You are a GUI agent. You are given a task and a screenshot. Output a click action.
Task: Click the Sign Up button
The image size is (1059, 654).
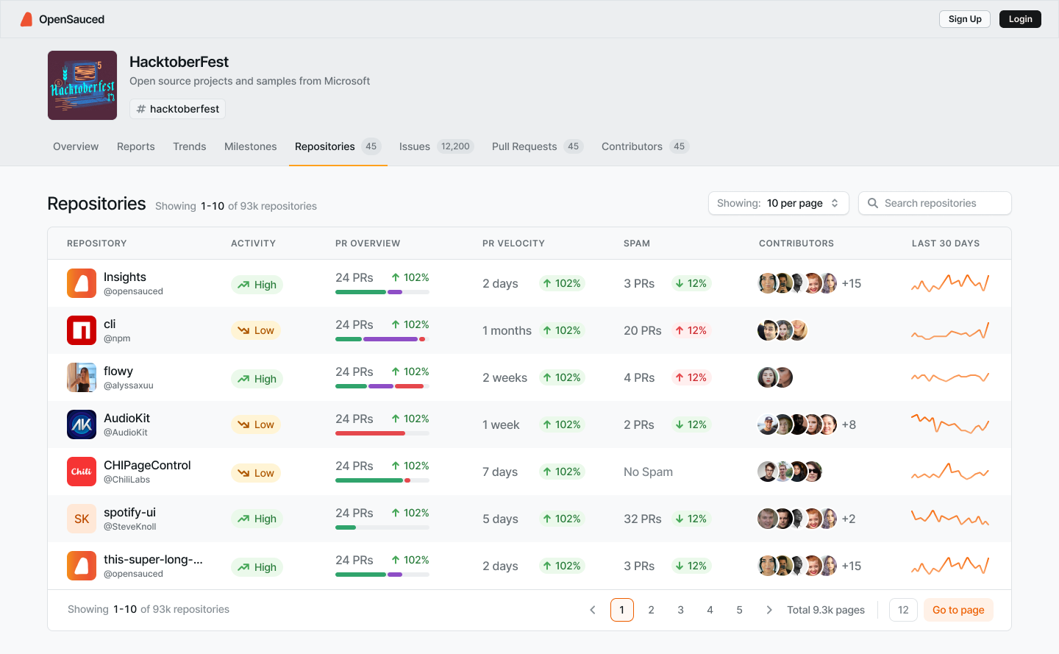coord(964,19)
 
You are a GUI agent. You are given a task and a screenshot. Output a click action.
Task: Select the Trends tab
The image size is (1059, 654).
coord(189,146)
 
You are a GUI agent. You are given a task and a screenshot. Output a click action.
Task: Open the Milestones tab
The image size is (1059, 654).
coord(250,146)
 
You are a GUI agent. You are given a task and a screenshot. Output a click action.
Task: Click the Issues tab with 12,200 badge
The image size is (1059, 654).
coord(435,146)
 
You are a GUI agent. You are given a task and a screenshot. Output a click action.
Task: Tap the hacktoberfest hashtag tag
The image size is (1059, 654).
coord(177,109)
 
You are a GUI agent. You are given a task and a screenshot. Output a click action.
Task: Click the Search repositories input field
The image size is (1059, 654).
coord(935,203)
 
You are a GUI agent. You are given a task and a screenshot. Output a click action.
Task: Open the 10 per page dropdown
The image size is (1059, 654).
coord(778,203)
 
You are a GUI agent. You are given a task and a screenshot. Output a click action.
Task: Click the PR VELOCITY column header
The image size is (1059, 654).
coord(513,244)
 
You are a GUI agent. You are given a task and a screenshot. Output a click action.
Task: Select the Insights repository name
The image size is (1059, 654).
coord(125,277)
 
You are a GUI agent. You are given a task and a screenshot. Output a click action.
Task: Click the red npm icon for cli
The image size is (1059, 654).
coord(82,330)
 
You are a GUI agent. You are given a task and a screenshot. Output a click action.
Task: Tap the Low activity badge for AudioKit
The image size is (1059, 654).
coord(256,424)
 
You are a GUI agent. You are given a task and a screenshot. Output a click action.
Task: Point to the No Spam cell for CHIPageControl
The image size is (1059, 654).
coord(648,472)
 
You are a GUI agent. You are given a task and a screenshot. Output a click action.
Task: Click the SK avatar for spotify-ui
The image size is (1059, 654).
coord(82,519)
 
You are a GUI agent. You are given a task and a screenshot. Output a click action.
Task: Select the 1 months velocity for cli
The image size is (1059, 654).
coord(507,330)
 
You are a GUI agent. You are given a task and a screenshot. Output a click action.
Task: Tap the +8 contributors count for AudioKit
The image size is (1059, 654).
coord(849,424)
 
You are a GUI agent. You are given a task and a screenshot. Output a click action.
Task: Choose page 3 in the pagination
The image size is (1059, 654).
coord(680,610)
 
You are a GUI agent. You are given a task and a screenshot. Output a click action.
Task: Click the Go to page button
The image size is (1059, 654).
coord(958,610)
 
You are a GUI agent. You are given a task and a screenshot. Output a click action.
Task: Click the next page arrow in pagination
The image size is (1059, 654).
coord(769,610)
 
